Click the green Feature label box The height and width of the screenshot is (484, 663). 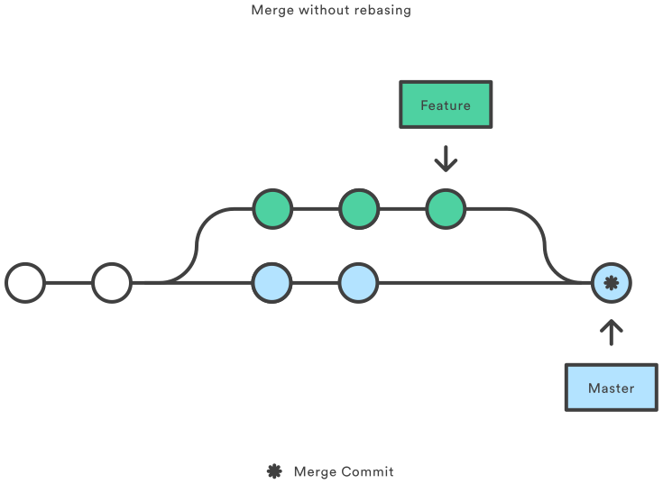click(446, 105)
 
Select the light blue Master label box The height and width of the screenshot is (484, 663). click(611, 388)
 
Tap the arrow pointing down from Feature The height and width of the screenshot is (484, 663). click(446, 160)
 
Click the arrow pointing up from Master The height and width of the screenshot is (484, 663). click(612, 332)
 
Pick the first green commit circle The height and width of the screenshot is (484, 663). click(272, 209)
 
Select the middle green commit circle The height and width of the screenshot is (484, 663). click(358, 209)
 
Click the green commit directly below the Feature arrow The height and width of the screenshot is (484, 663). click(445, 209)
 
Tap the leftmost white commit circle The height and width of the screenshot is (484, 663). click(25, 283)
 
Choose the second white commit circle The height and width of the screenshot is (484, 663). click(112, 283)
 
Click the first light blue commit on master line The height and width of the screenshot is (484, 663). click(272, 283)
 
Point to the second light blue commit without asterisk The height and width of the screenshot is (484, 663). click(358, 283)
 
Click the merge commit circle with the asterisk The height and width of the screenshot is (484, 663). click(612, 283)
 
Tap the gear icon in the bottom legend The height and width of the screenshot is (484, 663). click(274, 471)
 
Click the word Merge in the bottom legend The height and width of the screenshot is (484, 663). click(315, 471)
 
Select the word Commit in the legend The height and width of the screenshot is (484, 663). click(368, 471)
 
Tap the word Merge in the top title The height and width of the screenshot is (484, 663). click(272, 10)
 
